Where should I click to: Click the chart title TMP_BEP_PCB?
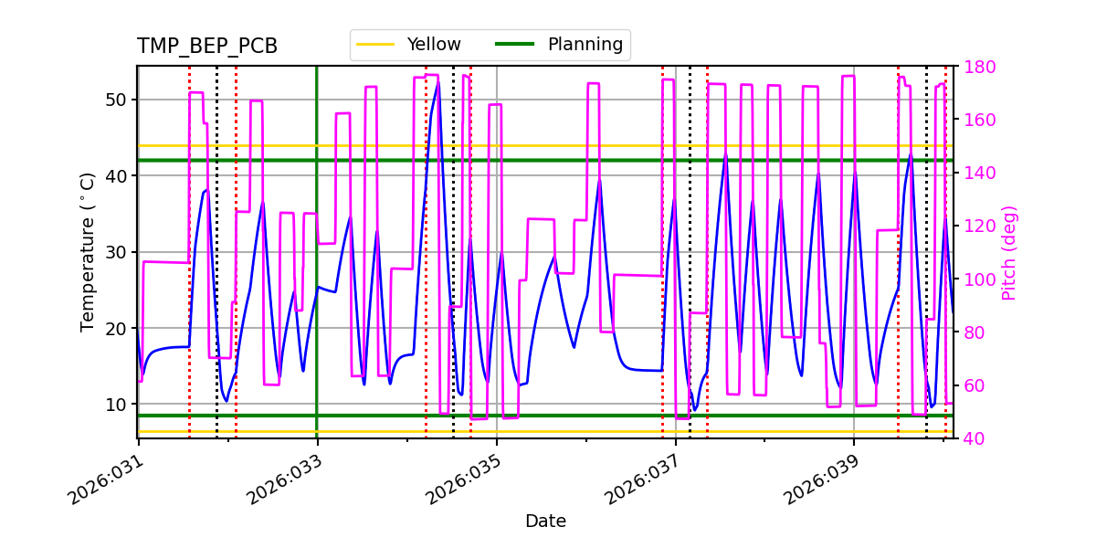click(207, 47)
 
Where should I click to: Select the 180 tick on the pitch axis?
click(978, 67)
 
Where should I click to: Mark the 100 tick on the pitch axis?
click(978, 279)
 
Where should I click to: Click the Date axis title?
click(545, 522)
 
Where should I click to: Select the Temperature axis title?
click(88, 252)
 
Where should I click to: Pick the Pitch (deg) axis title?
click(1009, 252)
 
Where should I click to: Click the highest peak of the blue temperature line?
click(438, 82)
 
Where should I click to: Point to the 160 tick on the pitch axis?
click(978, 120)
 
